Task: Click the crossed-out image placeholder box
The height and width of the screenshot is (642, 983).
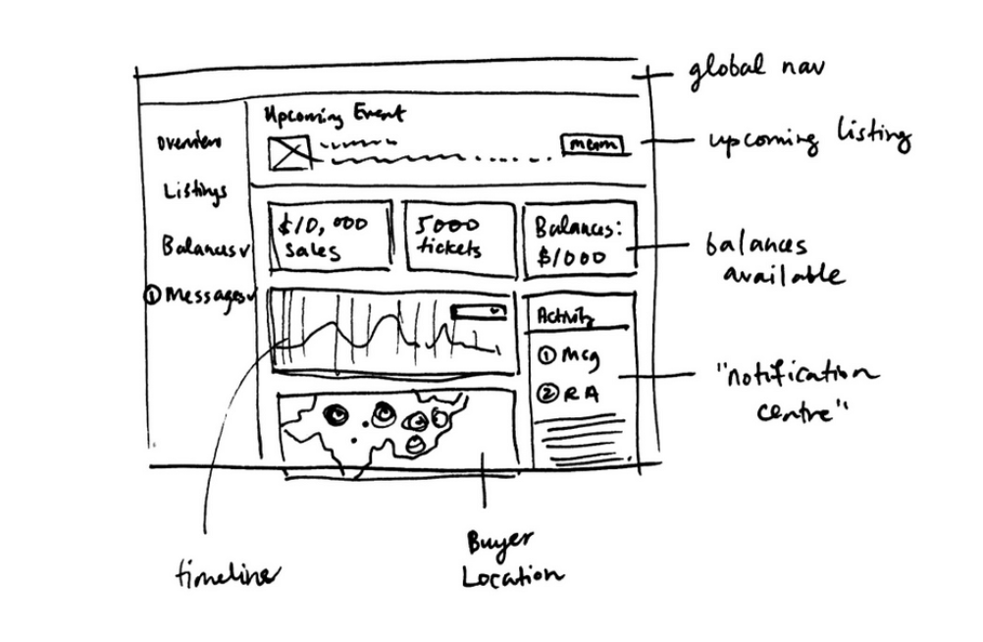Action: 289,151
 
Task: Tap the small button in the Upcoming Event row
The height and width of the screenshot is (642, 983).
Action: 593,144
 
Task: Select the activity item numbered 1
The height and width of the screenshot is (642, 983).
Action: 567,355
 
